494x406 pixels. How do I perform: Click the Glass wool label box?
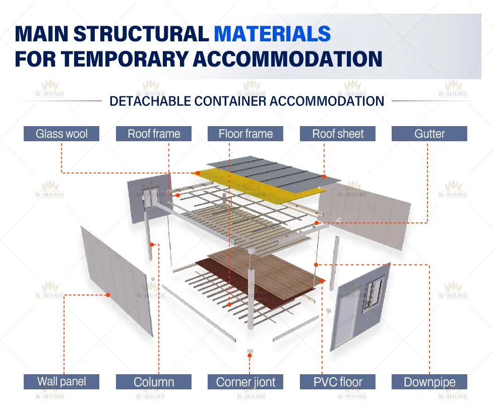coord(61,134)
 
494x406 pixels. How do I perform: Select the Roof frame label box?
coord(154,134)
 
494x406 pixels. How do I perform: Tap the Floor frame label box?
coord(245,134)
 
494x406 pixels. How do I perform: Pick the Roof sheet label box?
coord(338,134)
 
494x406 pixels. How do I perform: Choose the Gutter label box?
coord(429,134)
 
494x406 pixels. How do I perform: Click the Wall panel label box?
coord(61,382)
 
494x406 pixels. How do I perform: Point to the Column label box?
coord(154,382)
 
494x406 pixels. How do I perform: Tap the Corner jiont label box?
coord(245,382)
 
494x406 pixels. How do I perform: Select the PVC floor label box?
coord(338,382)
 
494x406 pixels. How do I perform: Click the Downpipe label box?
coord(429,382)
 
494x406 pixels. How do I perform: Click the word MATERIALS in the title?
coord(272,34)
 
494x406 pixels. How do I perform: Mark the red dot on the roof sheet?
coord(325,177)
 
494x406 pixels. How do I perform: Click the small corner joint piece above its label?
coord(249,351)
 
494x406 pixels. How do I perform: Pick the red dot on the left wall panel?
coord(107,295)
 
